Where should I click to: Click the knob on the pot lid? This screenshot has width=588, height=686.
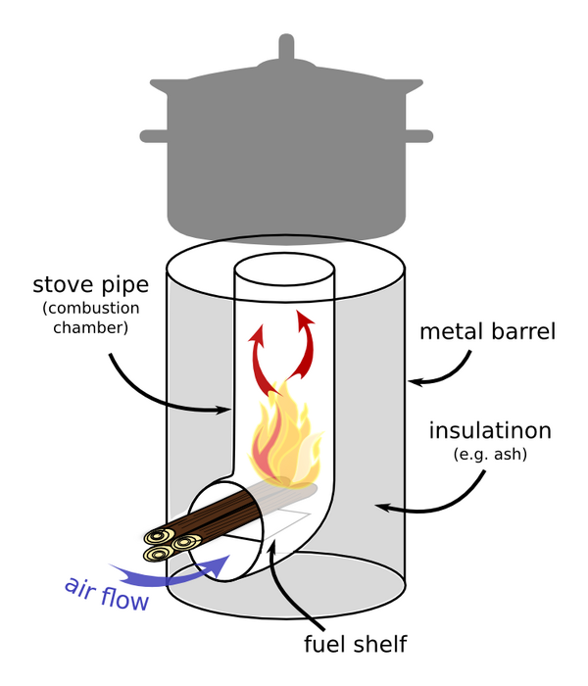pos(286,49)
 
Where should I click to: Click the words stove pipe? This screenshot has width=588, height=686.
pos(90,285)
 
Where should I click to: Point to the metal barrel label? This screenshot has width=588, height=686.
pos(487,331)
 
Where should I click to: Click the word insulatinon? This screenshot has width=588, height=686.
pos(490,430)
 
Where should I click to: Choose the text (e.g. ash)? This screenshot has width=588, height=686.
pos(490,455)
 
